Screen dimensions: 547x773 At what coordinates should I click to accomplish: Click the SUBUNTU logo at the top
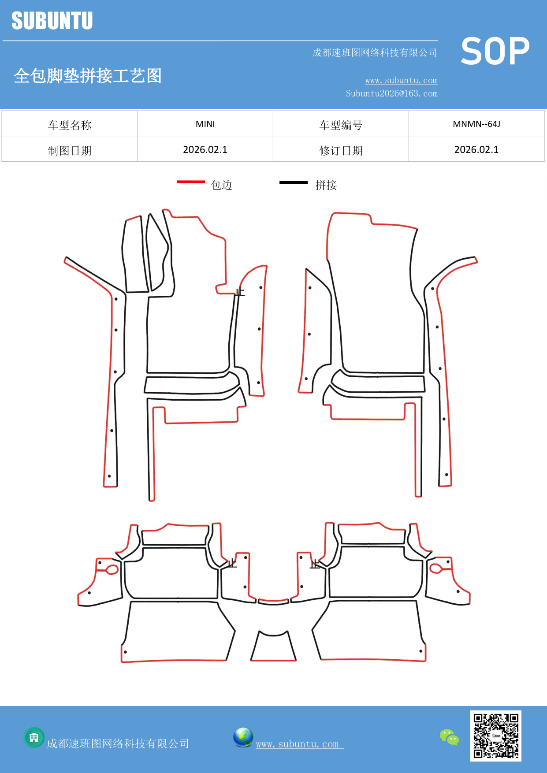pos(52,21)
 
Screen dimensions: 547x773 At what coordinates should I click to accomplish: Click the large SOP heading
pos(495,51)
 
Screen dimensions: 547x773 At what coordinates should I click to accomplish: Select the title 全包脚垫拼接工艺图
pos(88,76)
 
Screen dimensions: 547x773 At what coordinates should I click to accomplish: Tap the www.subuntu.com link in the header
pos(401,80)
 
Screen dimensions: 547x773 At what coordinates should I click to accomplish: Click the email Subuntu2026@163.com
pos(391,93)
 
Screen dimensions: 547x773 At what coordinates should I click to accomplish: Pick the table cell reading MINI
pos(205,124)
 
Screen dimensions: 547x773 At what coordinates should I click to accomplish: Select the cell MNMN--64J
pos(476,124)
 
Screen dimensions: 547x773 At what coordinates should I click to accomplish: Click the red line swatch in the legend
pos(191,182)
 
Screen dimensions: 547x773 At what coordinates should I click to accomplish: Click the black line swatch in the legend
pos(294,182)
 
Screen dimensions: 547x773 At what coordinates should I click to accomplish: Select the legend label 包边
pos(222,185)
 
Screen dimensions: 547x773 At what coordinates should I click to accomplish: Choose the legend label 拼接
pos(326,185)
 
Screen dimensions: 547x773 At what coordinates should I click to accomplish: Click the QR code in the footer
pos(496,736)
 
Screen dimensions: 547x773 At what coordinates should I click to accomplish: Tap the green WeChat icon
pos(449,737)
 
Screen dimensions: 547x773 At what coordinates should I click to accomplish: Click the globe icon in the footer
pos(243,737)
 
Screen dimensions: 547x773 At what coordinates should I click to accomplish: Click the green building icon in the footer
pos(34,737)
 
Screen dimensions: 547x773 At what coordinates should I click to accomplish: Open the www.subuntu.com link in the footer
pos(299,744)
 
